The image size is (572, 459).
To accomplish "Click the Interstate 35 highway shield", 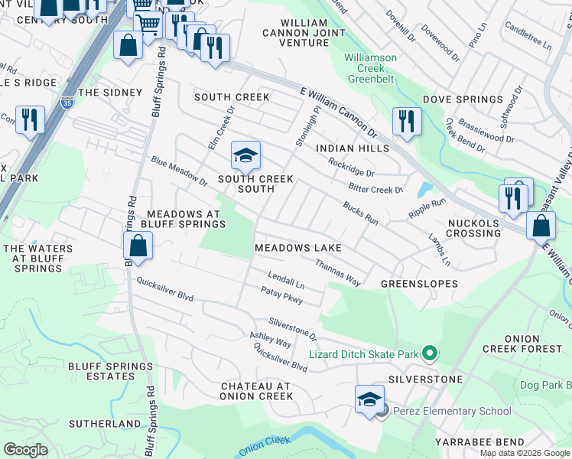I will click(x=67, y=102).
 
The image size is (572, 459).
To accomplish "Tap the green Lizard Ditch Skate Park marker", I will click(x=430, y=353).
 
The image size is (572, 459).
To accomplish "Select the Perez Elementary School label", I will click(x=452, y=411).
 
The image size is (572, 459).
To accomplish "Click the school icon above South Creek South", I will click(x=245, y=156).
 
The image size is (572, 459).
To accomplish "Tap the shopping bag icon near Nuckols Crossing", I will click(x=541, y=226).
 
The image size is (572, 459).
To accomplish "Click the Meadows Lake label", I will click(x=297, y=249).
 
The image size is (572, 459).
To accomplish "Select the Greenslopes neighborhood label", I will click(x=419, y=284).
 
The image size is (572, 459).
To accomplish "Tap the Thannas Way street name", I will click(x=337, y=272).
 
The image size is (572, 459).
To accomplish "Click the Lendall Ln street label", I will click(x=286, y=280).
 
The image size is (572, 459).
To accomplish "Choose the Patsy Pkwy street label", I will click(x=281, y=295).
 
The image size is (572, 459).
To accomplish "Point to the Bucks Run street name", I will click(x=361, y=213).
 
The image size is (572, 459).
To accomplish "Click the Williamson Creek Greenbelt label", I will click(x=371, y=68).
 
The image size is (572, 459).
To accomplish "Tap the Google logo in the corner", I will click(x=26, y=449).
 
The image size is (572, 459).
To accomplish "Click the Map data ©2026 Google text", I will click(x=524, y=453).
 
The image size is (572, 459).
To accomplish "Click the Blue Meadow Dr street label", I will click(x=180, y=172).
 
